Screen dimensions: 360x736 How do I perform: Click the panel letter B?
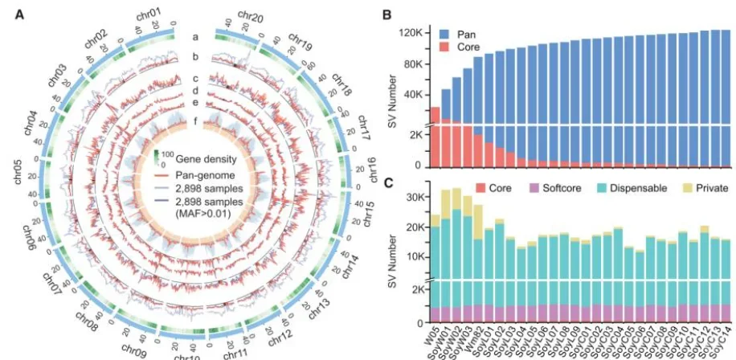coord(386,14)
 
